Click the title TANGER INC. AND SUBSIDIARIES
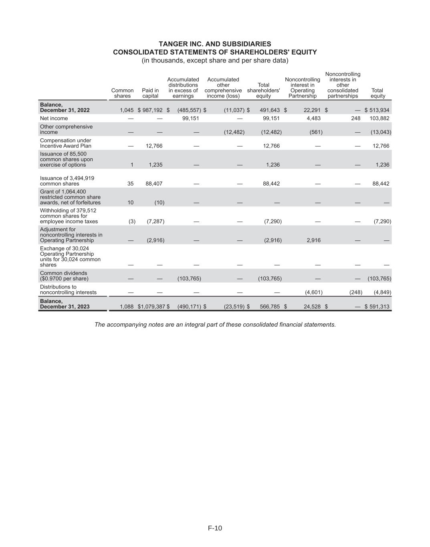(215, 44)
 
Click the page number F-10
(215, 528)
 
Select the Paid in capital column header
(150, 93)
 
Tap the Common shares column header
(122, 93)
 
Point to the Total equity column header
(378, 93)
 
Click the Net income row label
(54, 118)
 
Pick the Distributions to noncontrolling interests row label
(68, 290)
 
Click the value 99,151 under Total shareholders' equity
(271, 118)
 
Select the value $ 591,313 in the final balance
(377, 307)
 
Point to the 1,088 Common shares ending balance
(127, 307)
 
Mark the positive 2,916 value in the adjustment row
(314, 240)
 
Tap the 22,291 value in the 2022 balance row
(312, 110)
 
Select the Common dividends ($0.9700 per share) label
(64, 276)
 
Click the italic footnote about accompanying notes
(215, 325)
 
